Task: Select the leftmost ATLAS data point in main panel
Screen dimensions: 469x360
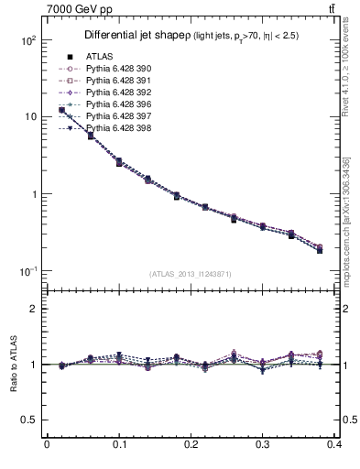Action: [61, 110]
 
